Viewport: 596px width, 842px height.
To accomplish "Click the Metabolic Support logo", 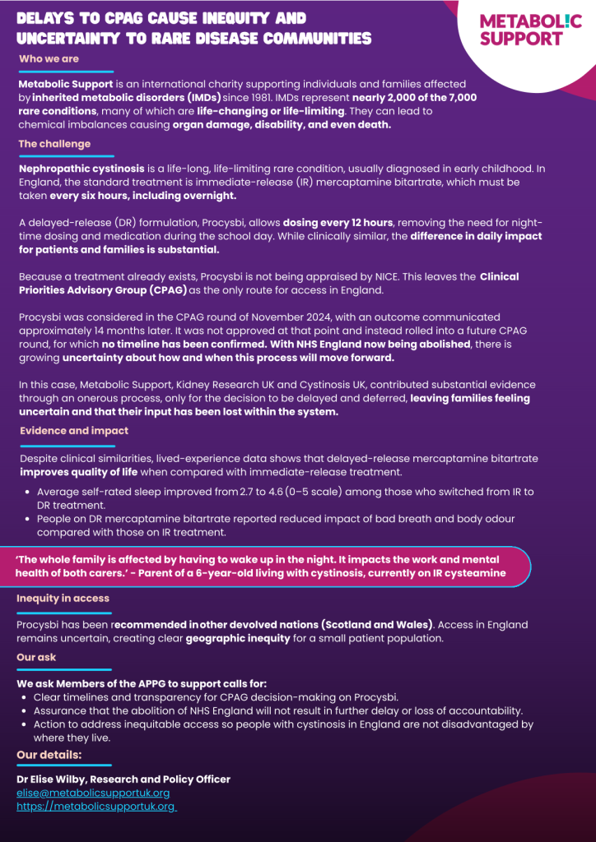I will pyautogui.click(x=530, y=29).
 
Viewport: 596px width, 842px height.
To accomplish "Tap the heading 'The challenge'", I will pyautogui.click(x=54, y=144).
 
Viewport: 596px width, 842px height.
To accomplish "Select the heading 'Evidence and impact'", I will pyautogui.click(x=74, y=431).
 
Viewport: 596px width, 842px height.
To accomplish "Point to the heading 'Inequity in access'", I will pyautogui.click(x=63, y=599).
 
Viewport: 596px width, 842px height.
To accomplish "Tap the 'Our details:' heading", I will pyautogui.click(x=49, y=755).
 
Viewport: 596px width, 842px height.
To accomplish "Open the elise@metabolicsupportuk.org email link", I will pyautogui.click(x=93, y=793).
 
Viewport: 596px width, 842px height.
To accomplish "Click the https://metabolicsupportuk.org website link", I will pyautogui.click(x=95, y=807).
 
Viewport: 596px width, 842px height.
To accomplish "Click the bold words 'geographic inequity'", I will pyautogui.click(x=237, y=639).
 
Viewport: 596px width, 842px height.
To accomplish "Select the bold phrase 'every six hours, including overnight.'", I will pyautogui.click(x=142, y=196).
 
